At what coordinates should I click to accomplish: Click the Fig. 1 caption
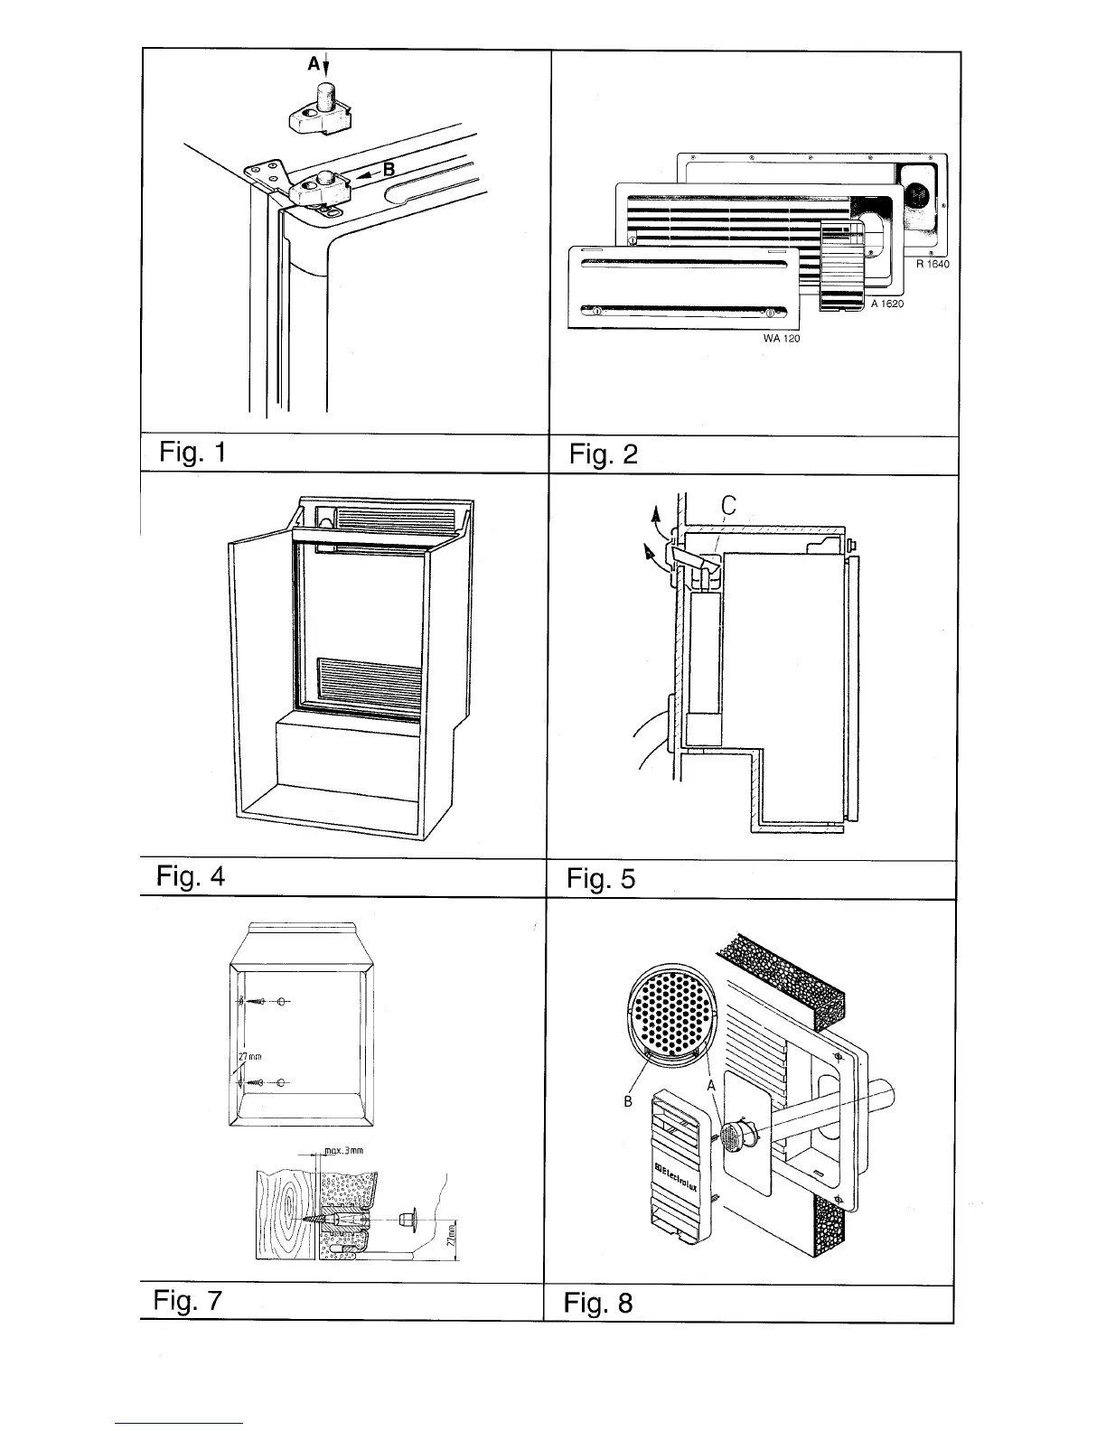(192, 452)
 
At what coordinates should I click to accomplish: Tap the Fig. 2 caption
(603, 454)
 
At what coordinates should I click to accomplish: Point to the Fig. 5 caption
(601, 878)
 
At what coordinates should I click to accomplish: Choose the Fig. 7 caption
(188, 1301)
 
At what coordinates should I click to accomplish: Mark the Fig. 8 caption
(598, 1303)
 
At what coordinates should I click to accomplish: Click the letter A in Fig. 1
(314, 64)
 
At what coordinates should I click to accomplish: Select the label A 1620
(887, 304)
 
